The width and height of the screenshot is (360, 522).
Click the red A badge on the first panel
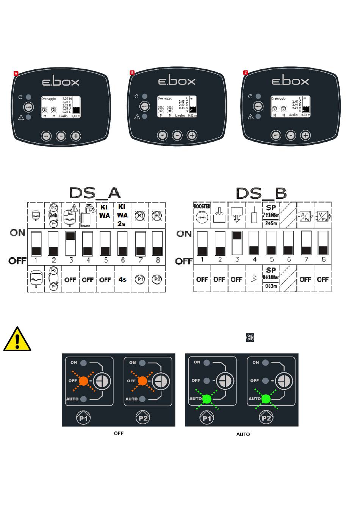[x=16, y=73]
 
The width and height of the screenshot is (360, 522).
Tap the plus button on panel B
[x=192, y=135]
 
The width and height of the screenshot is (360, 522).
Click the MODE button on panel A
[x=28, y=107]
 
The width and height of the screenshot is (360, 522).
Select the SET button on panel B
[x=162, y=135]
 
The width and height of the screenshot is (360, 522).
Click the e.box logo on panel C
[x=290, y=81]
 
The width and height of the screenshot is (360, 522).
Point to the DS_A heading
[x=95, y=193]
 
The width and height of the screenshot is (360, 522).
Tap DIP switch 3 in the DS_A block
[x=70, y=243]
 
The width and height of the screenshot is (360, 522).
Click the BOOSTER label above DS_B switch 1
[x=202, y=206]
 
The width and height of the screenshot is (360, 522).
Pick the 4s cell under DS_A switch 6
[x=122, y=280]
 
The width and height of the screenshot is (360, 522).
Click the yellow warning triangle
[x=17, y=339]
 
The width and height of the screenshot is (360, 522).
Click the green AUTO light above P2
[x=266, y=399]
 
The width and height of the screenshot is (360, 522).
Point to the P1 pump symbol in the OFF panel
[x=84, y=418]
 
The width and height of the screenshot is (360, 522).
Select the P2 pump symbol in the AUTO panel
[x=266, y=418]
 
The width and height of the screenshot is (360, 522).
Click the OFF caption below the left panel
[x=119, y=433]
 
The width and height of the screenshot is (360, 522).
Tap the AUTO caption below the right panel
[x=243, y=434]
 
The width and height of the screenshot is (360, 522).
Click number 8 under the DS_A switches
[x=157, y=260]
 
